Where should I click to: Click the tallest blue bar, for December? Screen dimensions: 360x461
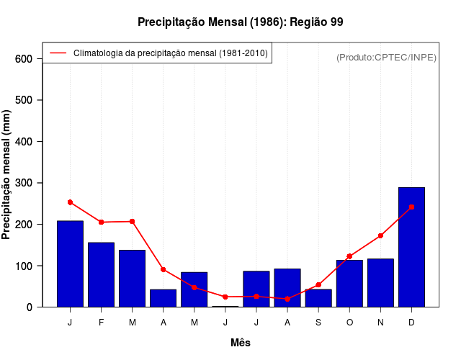click(x=411, y=247)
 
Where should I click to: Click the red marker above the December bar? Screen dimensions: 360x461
click(x=411, y=207)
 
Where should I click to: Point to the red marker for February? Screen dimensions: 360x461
click(x=101, y=222)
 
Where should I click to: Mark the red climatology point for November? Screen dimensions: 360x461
click(x=380, y=235)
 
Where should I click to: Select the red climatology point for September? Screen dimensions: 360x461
click(x=318, y=284)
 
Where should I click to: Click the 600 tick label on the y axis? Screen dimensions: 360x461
click(x=24, y=58)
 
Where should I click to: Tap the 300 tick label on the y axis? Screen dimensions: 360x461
click(x=24, y=183)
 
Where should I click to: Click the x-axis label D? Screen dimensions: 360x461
click(x=411, y=323)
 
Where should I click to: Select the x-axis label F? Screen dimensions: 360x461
click(x=101, y=323)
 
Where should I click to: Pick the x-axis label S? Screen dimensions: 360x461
click(x=318, y=323)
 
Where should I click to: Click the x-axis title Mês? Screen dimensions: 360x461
click(x=241, y=343)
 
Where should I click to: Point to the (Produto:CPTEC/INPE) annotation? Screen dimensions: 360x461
click(x=386, y=57)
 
